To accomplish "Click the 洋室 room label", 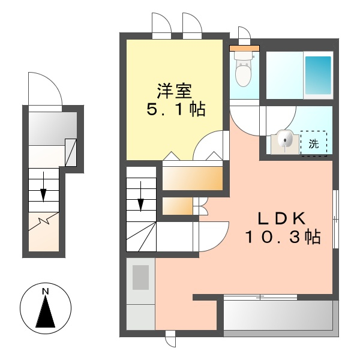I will (x=174, y=91).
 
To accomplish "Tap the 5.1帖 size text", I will (x=176, y=109).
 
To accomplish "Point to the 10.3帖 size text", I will (x=281, y=237).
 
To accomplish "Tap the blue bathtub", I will (x=318, y=75).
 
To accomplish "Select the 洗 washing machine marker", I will (x=314, y=143).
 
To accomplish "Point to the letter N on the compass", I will (x=45, y=292).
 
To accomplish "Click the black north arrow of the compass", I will (x=45, y=313).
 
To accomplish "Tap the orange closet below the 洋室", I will (x=193, y=178).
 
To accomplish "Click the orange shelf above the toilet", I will (x=245, y=47).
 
